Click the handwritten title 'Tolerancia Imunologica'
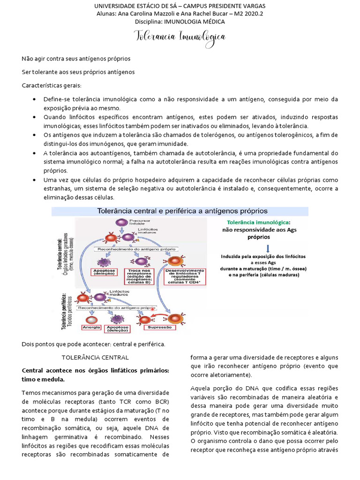click(180, 37)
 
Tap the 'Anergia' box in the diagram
click(90, 327)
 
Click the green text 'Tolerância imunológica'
click(257, 222)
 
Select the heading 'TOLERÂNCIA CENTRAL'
click(95, 357)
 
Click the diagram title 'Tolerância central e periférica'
click(182, 211)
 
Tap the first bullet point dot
click(36, 100)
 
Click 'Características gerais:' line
click(51, 85)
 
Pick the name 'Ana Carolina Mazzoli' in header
click(146, 14)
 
